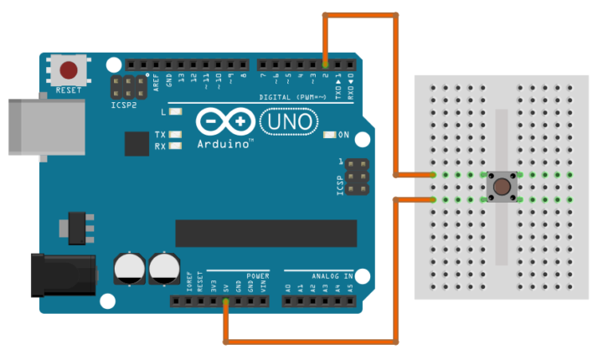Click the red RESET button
click(69, 70)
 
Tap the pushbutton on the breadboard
click(502, 187)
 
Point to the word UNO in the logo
click(288, 123)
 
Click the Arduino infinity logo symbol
click(226, 123)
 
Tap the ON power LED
click(329, 135)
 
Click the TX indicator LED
click(175, 135)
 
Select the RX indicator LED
click(175, 147)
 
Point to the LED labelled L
click(175, 111)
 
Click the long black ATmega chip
click(265, 233)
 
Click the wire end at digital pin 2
click(325, 64)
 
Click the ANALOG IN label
click(332, 275)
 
